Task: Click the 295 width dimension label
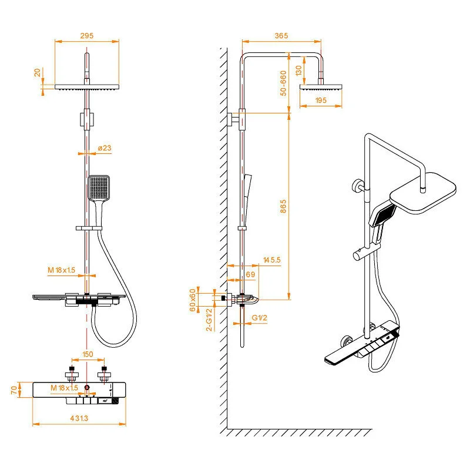tap(87, 35)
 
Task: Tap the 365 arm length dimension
tap(281, 36)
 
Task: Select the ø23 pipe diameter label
tap(104, 149)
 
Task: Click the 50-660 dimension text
tap(283, 83)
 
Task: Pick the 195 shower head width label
tap(321, 100)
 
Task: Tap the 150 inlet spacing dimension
tap(88, 354)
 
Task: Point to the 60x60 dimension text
tap(193, 300)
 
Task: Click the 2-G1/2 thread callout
tap(208, 319)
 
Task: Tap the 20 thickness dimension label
tap(38, 72)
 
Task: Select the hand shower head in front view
tap(98, 187)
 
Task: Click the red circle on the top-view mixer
tap(87, 388)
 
